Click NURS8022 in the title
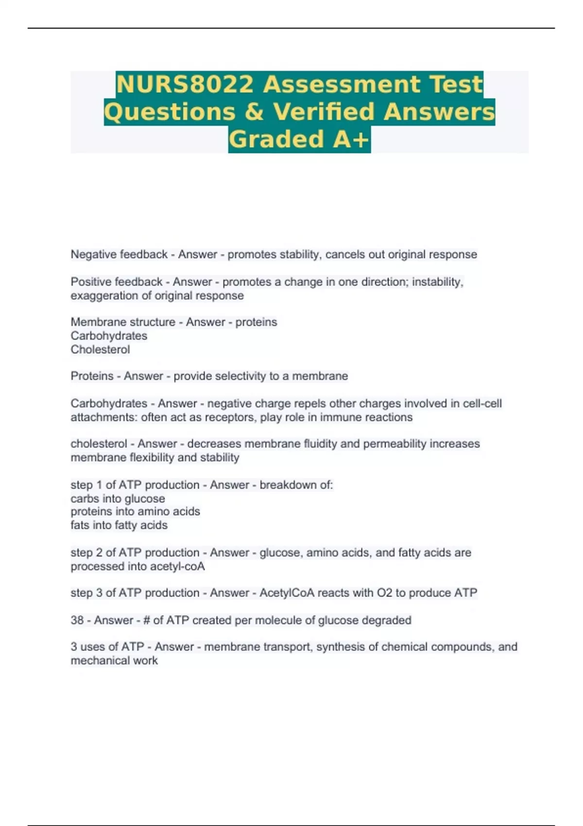click(185, 84)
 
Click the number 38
click(77, 620)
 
